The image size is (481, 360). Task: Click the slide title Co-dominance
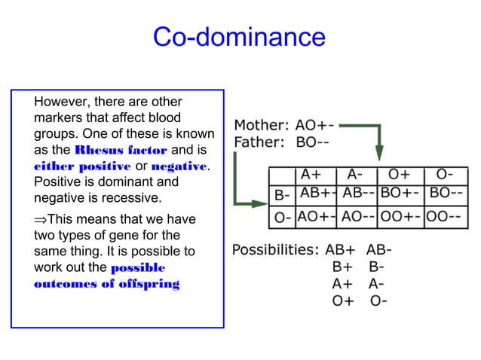(239, 36)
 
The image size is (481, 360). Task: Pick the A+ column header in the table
(314, 175)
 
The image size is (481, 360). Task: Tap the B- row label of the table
(282, 195)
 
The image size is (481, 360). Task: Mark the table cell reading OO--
(447, 216)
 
